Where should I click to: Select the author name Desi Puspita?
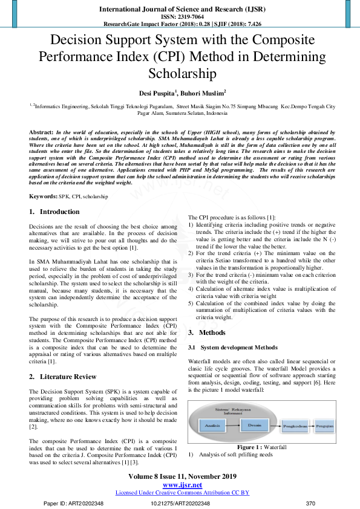click(x=155, y=94)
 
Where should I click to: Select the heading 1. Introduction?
click(x=54, y=212)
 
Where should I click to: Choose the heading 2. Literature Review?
click(x=63, y=376)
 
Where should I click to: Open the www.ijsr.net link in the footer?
click(x=182, y=485)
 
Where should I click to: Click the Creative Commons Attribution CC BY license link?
click(x=182, y=492)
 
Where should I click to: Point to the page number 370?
click(x=311, y=503)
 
